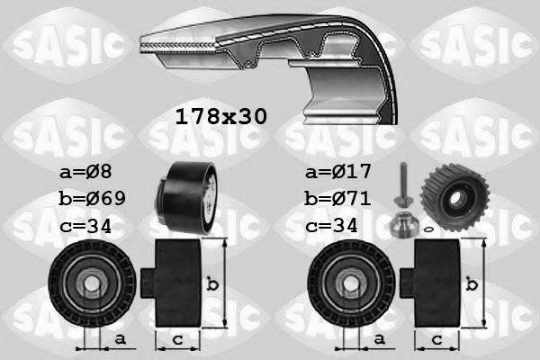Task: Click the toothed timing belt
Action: pyautogui.click(x=261, y=54)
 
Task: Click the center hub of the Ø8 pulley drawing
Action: pyautogui.click(x=91, y=286)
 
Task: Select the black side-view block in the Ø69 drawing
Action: pyautogui.click(x=175, y=283)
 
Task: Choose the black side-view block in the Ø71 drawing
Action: pyautogui.click(x=437, y=283)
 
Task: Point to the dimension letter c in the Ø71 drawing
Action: pyautogui.click(x=436, y=339)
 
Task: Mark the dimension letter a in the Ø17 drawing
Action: pyautogui.click(x=380, y=339)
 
